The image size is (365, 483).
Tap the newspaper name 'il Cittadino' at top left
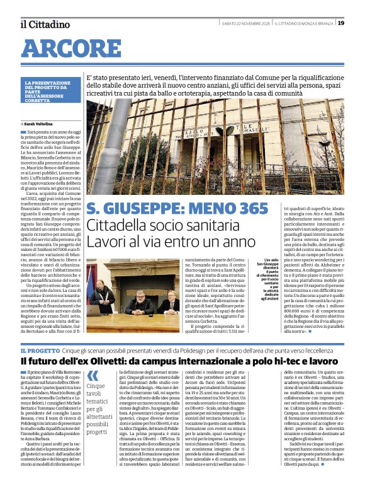tap(45, 24)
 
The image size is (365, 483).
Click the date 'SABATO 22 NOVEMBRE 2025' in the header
tap(247, 24)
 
